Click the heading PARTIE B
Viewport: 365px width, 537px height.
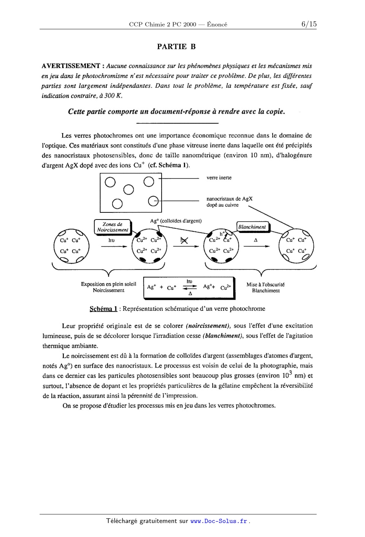(x=176, y=47)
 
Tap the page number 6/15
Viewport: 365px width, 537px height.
(x=309, y=24)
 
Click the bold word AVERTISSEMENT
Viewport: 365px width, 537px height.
(x=71, y=66)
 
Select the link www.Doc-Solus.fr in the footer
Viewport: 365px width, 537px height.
(x=219, y=521)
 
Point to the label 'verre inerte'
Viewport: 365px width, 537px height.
(x=219, y=178)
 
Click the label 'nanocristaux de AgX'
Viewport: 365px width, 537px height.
(x=229, y=199)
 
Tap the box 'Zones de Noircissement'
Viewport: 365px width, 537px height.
(x=112, y=227)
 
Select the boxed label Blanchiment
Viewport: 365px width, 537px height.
(x=252, y=227)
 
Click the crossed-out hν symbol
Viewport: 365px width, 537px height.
(x=184, y=240)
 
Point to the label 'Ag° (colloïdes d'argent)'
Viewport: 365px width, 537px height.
(x=176, y=221)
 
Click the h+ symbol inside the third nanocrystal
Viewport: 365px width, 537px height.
(x=222, y=234)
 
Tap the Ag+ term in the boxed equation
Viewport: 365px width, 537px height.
(x=151, y=287)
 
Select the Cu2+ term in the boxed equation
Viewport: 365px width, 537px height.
(x=226, y=287)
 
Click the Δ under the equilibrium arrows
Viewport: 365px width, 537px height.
(x=190, y=294)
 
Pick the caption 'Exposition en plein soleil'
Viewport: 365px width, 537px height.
(x=108, y=284)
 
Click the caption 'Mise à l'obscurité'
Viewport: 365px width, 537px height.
(x=265, y=284)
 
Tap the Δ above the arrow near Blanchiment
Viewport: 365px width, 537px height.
(x=256, y=240)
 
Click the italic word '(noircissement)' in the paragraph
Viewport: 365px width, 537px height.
(x=208, y=326)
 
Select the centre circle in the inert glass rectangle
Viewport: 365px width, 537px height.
(x=128, y=190)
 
